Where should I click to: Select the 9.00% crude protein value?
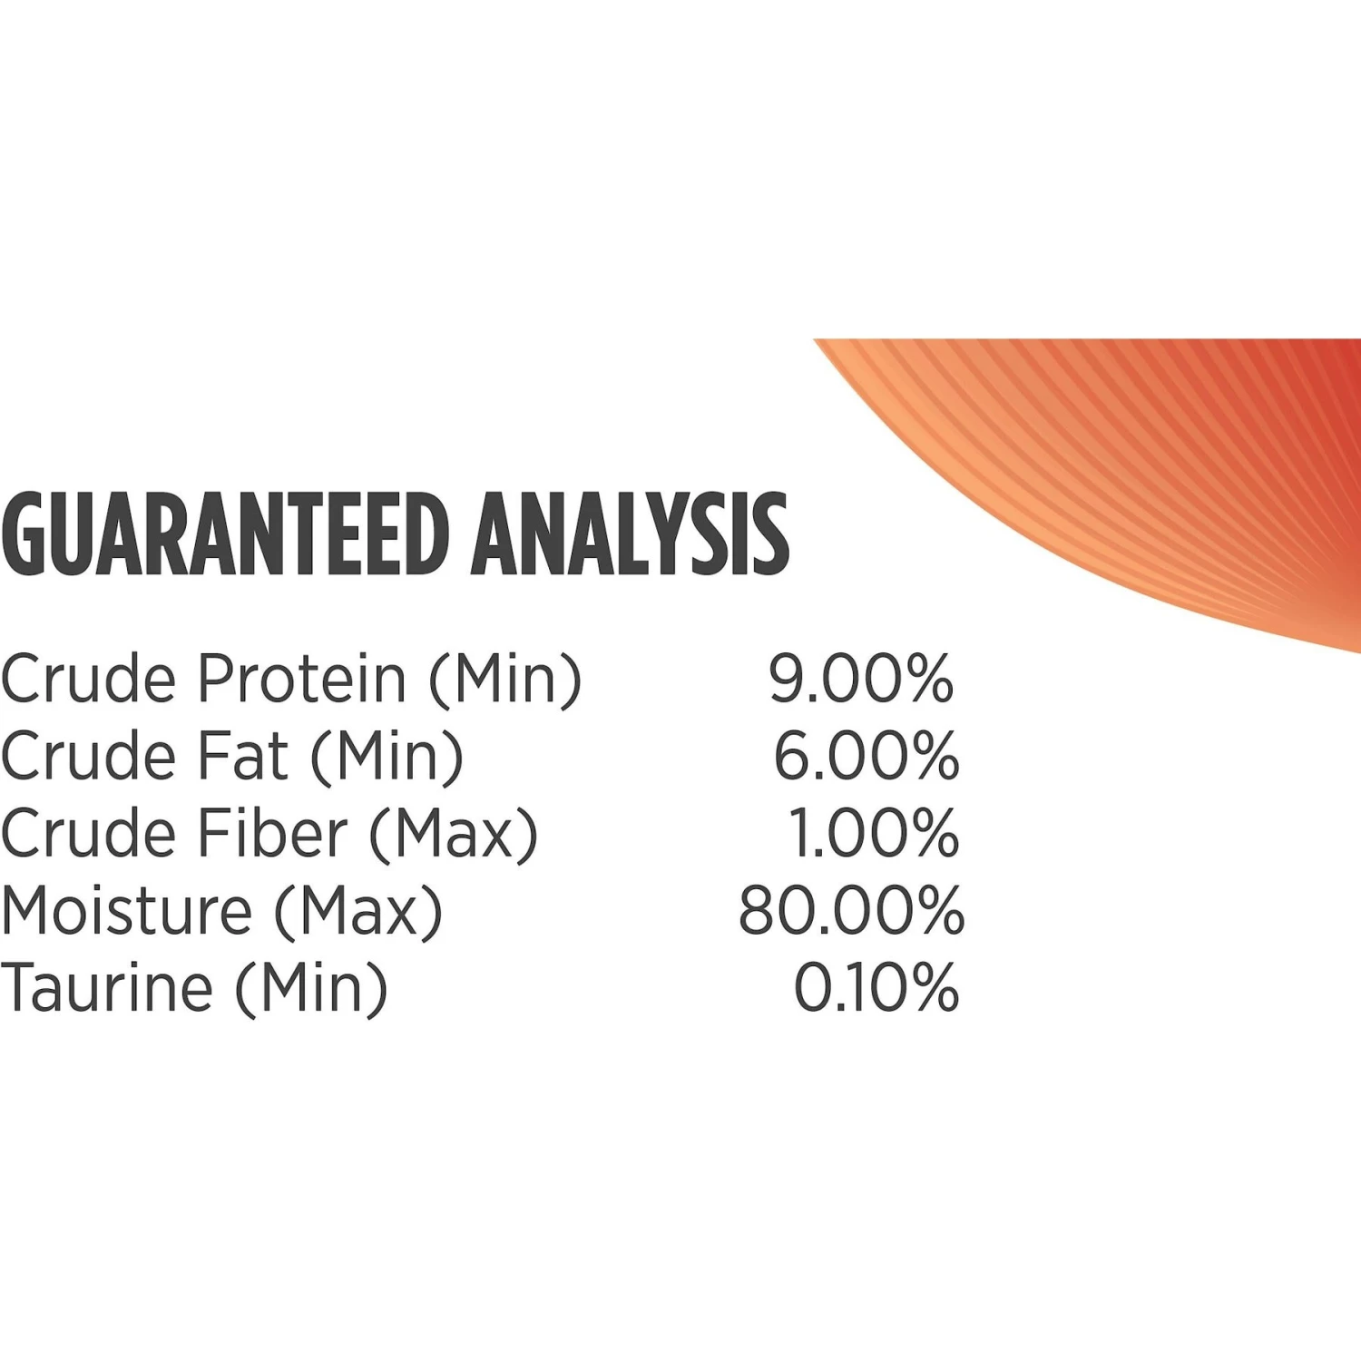click(861, 679)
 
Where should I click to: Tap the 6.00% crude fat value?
click(866, 756)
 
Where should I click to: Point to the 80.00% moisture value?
click(850, 910)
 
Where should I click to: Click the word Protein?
click(303, 679)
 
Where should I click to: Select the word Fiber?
click(273, 833)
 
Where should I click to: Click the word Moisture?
click(127, 910)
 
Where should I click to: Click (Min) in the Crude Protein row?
click(505, 679)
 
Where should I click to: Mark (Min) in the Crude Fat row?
click(387, 756)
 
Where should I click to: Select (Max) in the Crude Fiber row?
click(454, 833)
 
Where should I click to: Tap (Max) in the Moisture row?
click(358, 910)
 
